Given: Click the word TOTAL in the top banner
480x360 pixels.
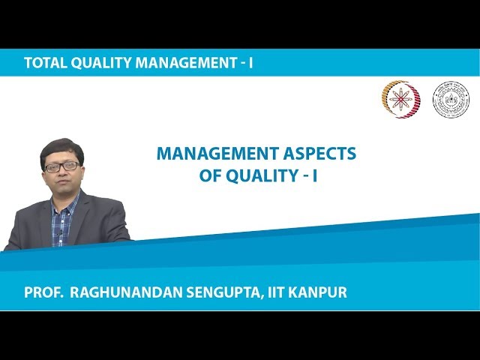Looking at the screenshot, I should tap(44, 63).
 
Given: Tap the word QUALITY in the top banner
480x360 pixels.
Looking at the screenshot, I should tap(100, 63).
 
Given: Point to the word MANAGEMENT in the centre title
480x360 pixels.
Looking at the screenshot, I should tap(211, 154).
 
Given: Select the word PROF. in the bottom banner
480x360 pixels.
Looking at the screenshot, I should tap(43, 292).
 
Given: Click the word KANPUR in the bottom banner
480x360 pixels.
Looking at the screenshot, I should tap(318, 292).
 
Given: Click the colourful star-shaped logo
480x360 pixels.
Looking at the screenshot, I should tap(401, 100).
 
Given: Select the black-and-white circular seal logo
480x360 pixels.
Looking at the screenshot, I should tap(451, 100).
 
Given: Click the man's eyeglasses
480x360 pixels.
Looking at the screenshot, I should tap(61, 166).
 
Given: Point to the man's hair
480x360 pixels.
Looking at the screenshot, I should tap(61, 148).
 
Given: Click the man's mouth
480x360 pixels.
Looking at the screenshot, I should tap(63, 184).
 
